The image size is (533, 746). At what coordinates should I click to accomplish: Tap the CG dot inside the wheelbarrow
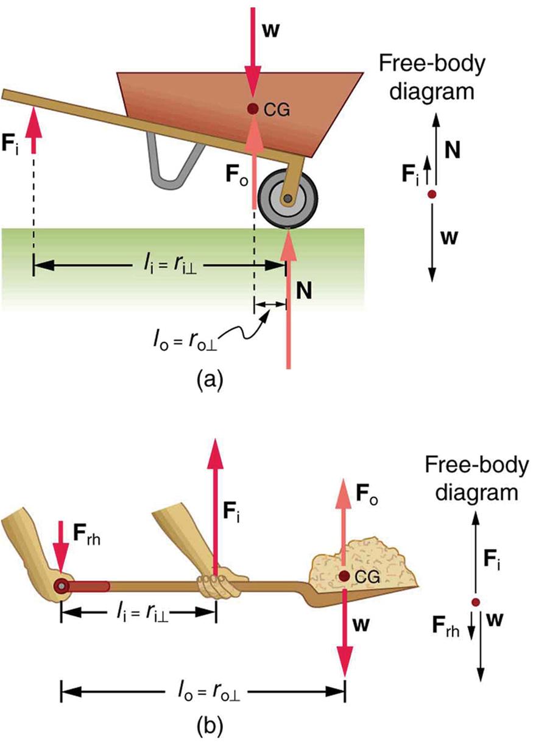[x=253, y=109]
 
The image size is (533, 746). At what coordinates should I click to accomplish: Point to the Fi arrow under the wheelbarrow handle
[x=34, y=131]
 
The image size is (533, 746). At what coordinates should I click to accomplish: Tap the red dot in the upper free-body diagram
[x=432, y=194]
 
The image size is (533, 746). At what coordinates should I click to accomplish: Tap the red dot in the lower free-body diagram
[x=476, y=602]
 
